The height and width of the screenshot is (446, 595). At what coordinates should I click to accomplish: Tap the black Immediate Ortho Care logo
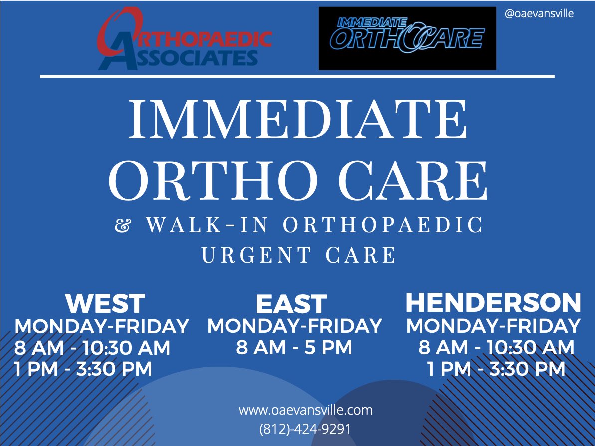407,38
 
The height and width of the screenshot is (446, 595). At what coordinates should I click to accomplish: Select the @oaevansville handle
539,14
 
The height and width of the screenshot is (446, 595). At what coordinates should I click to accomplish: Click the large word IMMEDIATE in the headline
298,120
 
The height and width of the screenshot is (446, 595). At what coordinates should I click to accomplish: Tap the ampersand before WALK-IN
121,226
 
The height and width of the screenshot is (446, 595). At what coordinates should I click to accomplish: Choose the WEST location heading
105,303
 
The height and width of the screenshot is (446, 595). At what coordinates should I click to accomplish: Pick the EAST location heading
291,304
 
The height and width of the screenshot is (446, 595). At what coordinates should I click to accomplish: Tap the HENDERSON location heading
493,302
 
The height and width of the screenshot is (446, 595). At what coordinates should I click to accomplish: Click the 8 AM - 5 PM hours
294,347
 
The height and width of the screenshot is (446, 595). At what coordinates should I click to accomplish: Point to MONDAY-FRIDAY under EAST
294,326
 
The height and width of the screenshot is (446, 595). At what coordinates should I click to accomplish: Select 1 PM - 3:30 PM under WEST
83,369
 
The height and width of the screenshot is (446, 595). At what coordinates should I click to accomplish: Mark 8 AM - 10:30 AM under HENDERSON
496,347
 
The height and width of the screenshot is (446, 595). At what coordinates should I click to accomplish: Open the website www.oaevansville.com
305,411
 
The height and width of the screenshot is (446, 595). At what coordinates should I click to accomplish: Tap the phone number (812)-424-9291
305,429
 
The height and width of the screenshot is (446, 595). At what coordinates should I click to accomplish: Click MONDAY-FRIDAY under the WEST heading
102,326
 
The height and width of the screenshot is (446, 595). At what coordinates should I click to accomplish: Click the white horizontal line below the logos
297,76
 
